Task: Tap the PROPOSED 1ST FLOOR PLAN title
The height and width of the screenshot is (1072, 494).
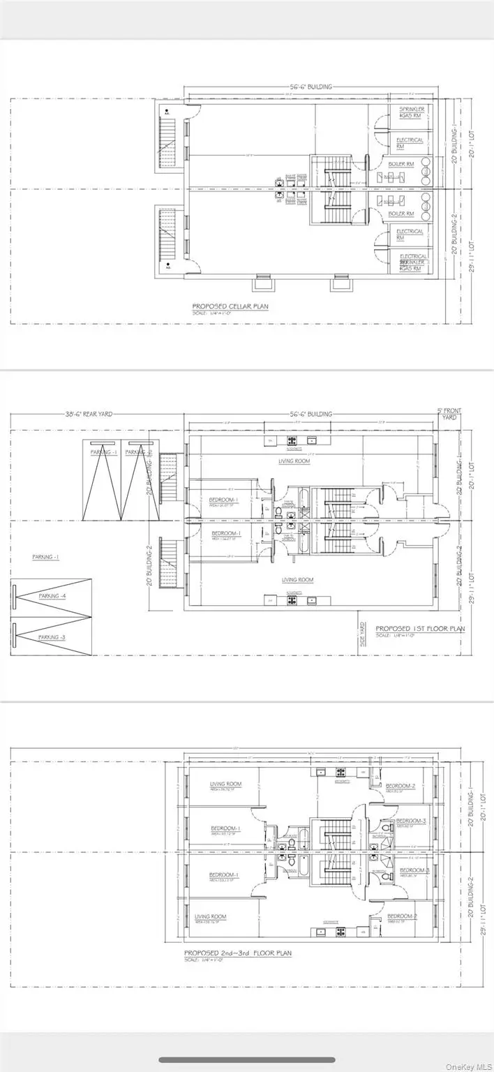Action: pyautogui.click(x=421, y=628)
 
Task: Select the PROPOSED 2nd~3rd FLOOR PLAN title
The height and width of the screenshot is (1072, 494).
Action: pyautogui.click(x=238, y=953)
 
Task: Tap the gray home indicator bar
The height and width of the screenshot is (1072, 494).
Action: pyautogui.click(x=246, y=1059)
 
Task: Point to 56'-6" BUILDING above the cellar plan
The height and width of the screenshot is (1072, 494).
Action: pyautogui.click(x=310, y=87)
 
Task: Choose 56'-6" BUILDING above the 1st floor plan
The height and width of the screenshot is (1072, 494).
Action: pyautogui.click(x=310, y=414)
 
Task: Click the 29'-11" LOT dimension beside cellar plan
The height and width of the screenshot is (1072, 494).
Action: pyautogui.click(x=473, y=257)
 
